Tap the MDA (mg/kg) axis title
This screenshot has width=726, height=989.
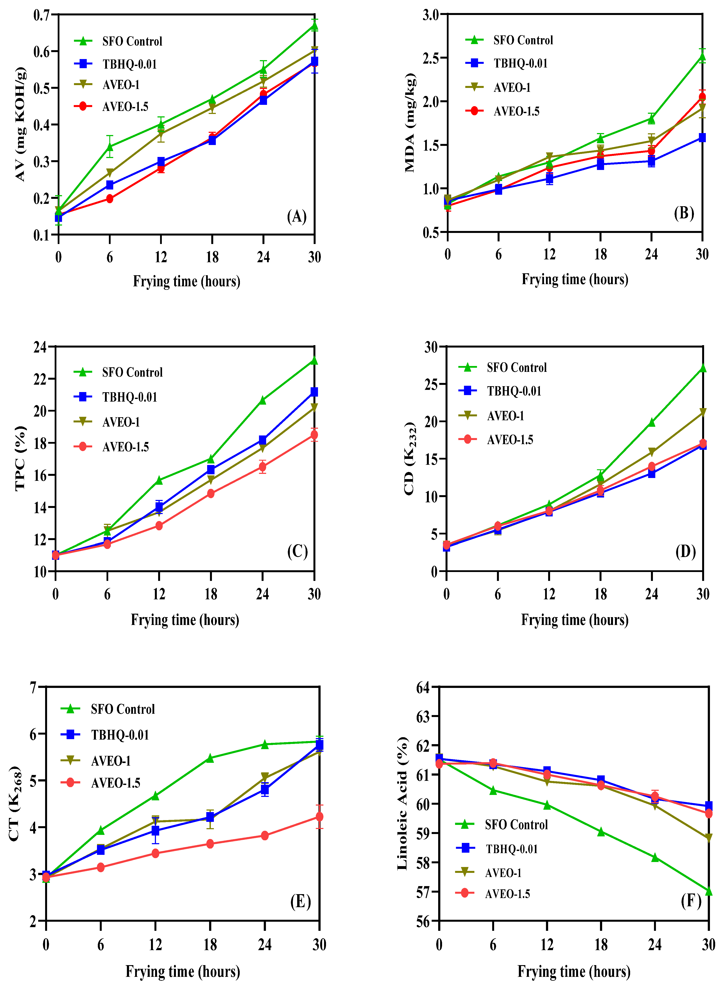pos(410,123)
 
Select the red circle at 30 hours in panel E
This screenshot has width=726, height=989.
pos(320,817)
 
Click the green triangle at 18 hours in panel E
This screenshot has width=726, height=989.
pos(210,758)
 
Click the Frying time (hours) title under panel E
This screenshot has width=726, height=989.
pos(183,971)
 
